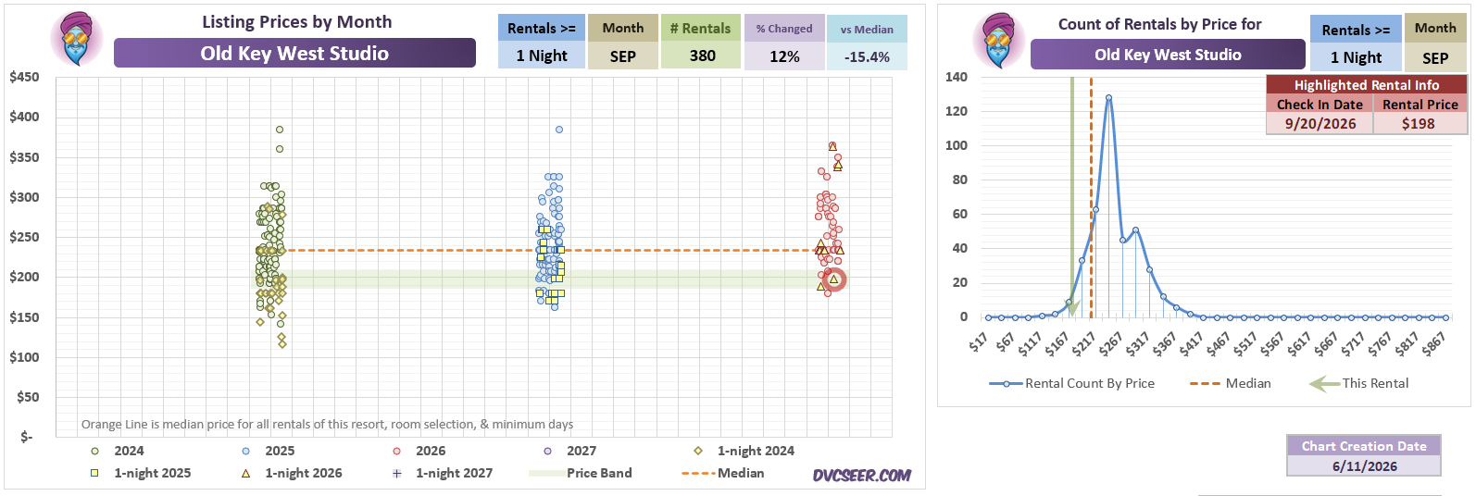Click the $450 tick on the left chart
tap(24, 77)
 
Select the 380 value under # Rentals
tap(703, 56)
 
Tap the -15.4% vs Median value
tap(867, 57)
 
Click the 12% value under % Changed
tap(784, 57)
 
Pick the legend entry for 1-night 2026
tap(294, 473)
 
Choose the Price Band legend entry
tap(581, 473)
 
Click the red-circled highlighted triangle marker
tap(834, 279)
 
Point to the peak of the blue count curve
tap(1109, 97)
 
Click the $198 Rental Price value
tap(1418, 124)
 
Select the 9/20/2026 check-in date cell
tap(1320, 124)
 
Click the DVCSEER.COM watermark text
tap(862, 475)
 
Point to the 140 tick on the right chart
tap(957, 77)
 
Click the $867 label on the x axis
tap(1432, 344)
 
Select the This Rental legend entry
tap(1358, 383)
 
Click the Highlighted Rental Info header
tap(1367, 85)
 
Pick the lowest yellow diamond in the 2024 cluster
tap(282, 344)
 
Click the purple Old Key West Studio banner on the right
tap(1168, 55)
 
